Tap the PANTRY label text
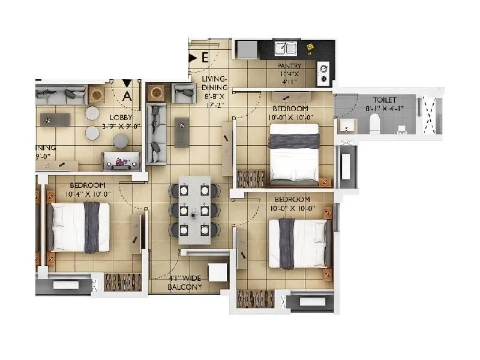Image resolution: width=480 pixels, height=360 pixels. tap(289, 66)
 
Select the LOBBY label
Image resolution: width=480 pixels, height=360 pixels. tap(113, 118)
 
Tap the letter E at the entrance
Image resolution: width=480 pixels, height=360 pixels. tap(205, 58)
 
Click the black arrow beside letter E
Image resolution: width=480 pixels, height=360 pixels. tap(193, 58)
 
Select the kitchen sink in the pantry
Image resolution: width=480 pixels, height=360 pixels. tap(286, 48)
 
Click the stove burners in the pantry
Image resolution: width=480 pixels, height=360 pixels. tap(324, 72)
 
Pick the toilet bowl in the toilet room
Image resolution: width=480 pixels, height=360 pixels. tap(373, 124)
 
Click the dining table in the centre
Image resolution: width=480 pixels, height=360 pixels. tap(194, 209)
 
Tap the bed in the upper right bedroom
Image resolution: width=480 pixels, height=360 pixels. tap(293, 158)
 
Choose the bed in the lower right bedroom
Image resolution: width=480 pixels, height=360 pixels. tap(298, 244)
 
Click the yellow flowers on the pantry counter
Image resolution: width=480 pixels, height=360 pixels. tap(310, 47)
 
